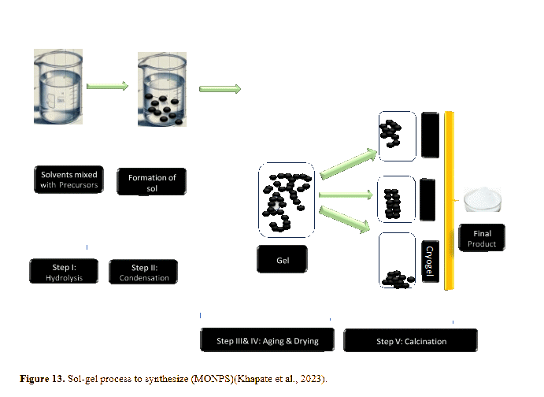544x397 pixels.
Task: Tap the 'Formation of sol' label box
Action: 151,183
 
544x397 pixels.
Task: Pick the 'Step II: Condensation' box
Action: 144,272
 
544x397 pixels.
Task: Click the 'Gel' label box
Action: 281,258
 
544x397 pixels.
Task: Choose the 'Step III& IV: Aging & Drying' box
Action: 268,341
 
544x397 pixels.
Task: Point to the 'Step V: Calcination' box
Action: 411,341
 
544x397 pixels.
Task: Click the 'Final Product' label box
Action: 481,238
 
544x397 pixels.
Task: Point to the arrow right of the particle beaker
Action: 219,88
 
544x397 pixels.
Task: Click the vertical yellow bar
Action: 449,200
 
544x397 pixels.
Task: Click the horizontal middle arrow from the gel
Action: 346,194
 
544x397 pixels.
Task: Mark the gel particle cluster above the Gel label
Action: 285,198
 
